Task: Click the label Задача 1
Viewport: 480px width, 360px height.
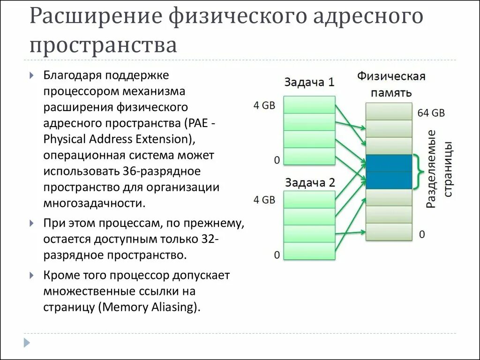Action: pos(309,82)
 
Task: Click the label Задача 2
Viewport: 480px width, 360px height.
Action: pos(309,181)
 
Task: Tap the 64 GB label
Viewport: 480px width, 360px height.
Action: pos(431,113)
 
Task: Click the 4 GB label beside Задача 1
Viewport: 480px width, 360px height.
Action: pos(264,105)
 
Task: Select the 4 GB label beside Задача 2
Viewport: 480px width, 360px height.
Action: pos(264,200)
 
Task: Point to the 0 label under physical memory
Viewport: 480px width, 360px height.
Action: pos(422,234)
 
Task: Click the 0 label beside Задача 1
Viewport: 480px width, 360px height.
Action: pos(277,160)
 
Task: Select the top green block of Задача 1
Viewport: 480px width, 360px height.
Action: pos(309,105)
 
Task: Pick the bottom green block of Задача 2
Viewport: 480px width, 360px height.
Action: pos(309,251)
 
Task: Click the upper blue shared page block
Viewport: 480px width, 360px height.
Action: pos(389,163)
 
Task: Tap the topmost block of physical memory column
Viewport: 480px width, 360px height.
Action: pos(389,111)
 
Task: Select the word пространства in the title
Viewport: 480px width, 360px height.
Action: pos(104,45)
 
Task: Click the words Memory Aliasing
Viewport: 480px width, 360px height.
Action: pos(149,307)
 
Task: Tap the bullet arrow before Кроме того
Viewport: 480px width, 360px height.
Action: pos(31,276)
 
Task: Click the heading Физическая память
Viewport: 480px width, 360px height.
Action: pos(391,83)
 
